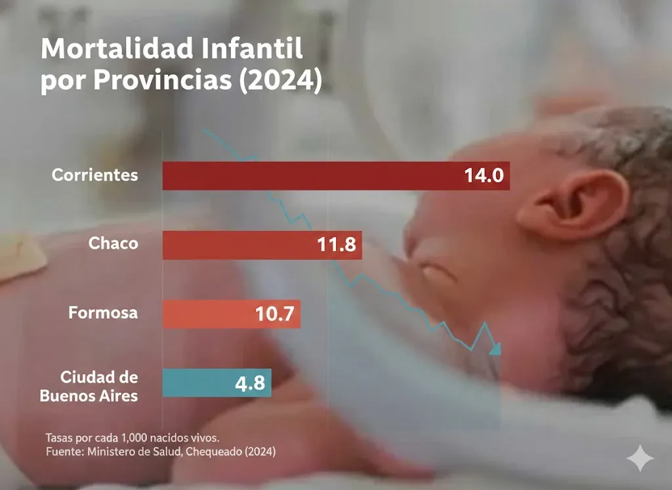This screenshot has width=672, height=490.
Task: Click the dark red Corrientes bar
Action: click(308, 176)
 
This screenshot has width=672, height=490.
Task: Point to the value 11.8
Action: click(336, 245)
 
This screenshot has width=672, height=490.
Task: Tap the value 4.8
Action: click(250, 383)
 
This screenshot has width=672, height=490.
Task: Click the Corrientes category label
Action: click(95, 175)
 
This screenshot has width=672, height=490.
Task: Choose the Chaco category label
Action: click(114, 243)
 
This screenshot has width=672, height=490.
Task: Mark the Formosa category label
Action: click(103, 312)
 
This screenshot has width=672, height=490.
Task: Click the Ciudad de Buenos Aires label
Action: click(90, 387)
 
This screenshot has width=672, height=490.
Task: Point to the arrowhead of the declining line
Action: click(495, 348)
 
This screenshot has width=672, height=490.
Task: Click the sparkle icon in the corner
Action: click(639, 459)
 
